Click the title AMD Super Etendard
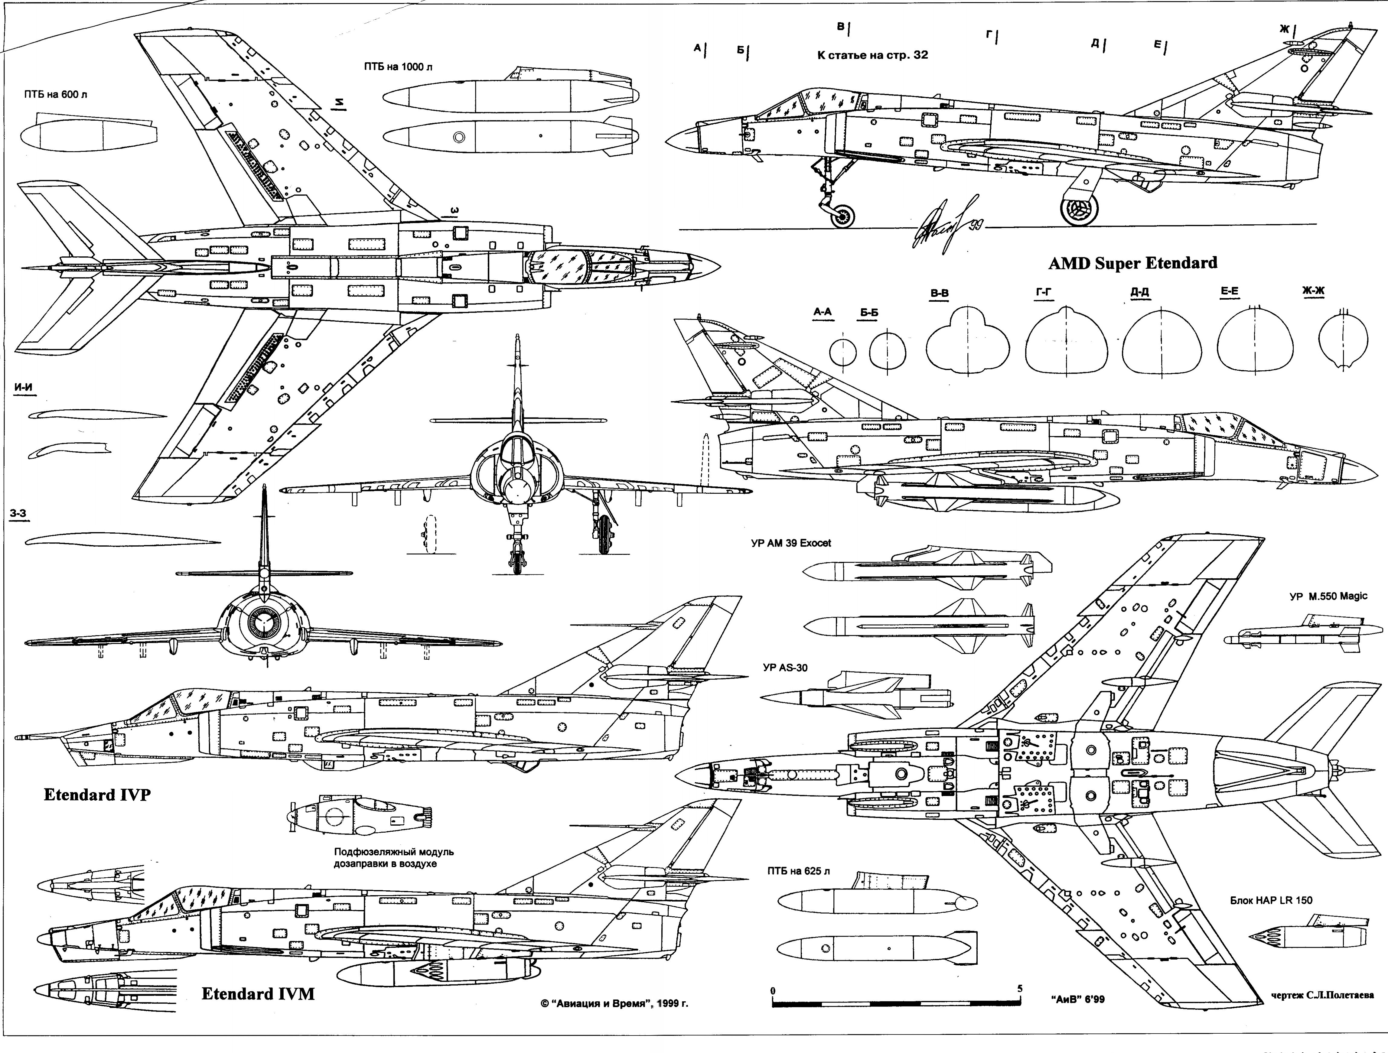pos(1132,263)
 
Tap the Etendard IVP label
pos(97,795)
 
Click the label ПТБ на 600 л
pos(55,95)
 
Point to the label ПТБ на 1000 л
pos(398,67)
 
